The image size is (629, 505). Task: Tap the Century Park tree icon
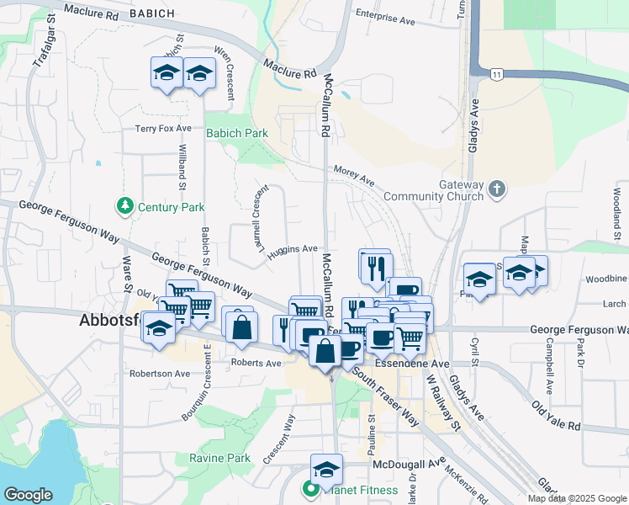(125, 205)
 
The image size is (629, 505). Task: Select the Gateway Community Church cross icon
(497, 189)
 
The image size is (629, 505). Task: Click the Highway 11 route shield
(497, 76)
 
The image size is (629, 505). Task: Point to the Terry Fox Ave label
(163, 129)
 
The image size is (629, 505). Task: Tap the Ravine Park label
(219, 458)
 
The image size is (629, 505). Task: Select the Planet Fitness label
(345, 486)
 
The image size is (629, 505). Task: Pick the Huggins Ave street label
(293, 249)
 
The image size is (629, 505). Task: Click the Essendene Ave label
(401, 364)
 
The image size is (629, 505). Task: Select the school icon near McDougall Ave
(326, 469)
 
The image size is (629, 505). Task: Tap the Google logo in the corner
(29, 495)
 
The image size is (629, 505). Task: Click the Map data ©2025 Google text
(577, 498)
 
